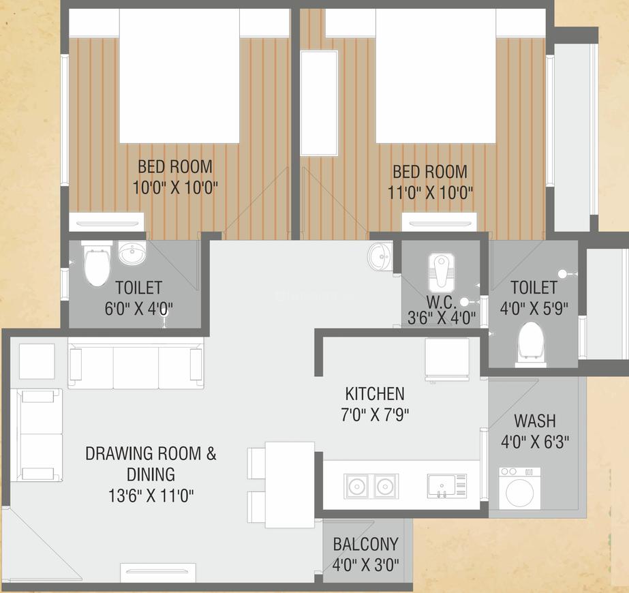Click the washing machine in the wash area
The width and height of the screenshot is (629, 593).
[x=520, y=488]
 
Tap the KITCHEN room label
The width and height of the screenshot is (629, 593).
[x=375, y=393]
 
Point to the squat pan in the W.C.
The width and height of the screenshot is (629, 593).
[x=441, y=271]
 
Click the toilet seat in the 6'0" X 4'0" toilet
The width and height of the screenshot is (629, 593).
[x=95, y=267]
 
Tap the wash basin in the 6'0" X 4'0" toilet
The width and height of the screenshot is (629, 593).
[x=132, y=253]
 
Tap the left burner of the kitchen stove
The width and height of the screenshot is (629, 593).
[x=355, y=486]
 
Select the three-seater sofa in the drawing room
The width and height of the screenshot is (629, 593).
[x=136, y=366]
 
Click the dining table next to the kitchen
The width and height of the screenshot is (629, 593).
[x=290, y=484]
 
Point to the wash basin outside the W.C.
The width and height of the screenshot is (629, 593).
[x=380, y=257]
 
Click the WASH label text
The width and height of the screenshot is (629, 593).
[x=534, y=420]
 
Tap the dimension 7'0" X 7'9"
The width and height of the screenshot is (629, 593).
[x=375, y=414]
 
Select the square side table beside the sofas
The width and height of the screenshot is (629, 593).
[x=37, y=361]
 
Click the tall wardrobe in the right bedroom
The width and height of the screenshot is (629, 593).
[x=319, y=103]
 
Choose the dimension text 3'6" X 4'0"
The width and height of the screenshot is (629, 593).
[x=441, y=317]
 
